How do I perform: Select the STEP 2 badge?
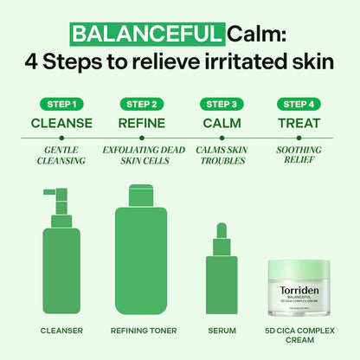(141, 104)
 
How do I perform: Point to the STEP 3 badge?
(221, 104)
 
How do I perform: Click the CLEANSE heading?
(61, 123)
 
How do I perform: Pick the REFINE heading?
(141, 123)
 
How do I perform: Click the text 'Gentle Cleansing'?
(61, 156)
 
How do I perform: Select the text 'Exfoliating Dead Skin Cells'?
(141, 156)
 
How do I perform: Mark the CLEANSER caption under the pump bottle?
(61, 330)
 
